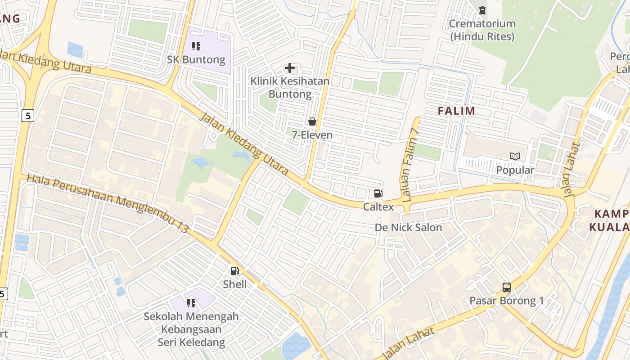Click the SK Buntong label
[196, 60]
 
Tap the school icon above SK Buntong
[196, 46]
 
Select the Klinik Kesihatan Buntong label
[290, 88]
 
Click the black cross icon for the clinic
[290, 68]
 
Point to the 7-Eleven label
[312, 135]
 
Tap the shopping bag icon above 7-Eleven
[312, 121]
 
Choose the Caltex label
[378, 207]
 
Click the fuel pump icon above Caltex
[378, 194]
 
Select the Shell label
[235, 284]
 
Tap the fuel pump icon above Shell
[234, 271]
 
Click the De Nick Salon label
[409, 228]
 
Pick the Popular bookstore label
[515, 170]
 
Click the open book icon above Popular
[515, 157]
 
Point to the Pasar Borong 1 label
[507, 301]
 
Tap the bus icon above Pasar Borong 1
[507, 287]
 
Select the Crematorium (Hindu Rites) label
[482, 30]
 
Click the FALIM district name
[457, 111]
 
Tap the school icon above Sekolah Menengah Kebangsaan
[191, 303]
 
